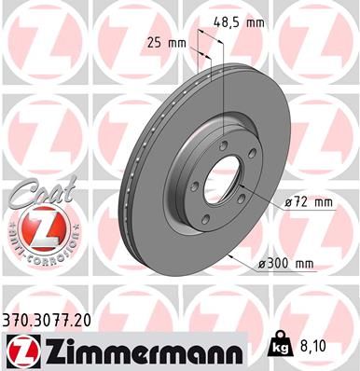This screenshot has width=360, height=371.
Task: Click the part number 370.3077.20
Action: pos(49,319)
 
